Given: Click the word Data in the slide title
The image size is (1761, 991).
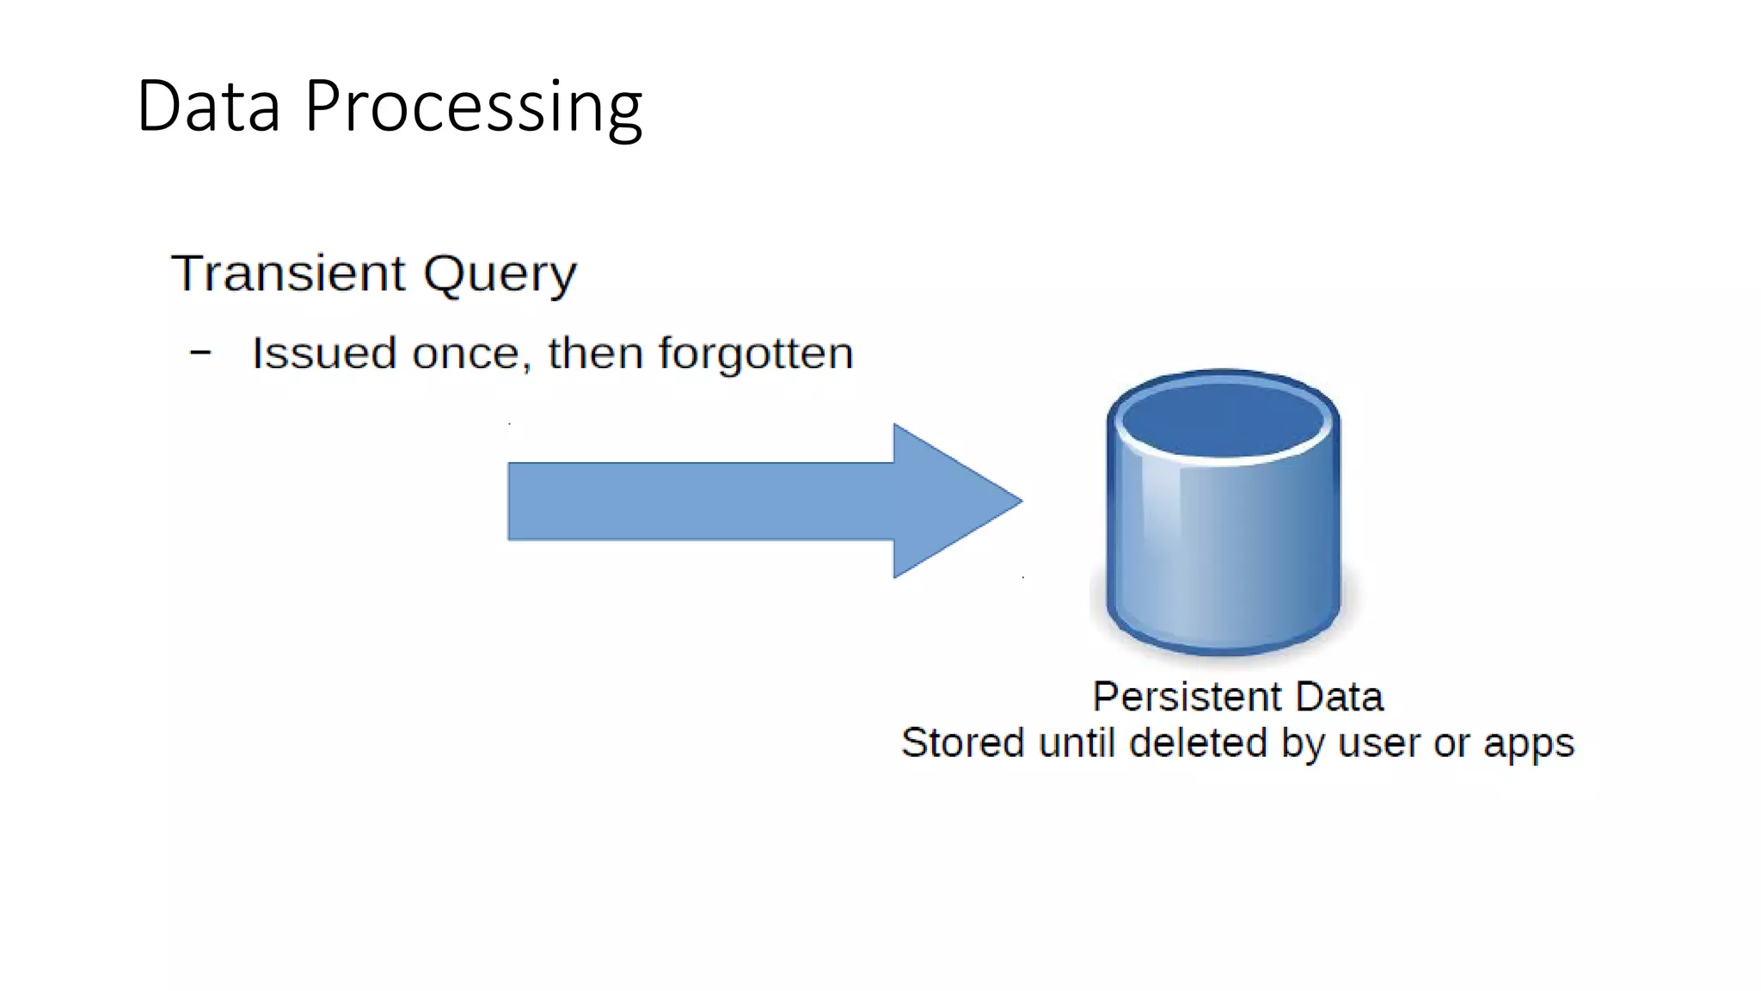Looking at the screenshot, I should pos(209,107).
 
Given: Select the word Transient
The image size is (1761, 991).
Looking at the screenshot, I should pos(288,274).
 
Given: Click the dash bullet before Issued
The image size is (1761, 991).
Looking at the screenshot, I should pos(200,353).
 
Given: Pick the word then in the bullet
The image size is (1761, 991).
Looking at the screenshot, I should pos(595,354).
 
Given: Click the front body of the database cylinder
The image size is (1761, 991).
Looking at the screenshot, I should pos(1223,551).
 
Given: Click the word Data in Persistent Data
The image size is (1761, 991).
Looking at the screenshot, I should pos(1339,697).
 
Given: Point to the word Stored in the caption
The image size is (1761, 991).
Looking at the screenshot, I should pos(962,743).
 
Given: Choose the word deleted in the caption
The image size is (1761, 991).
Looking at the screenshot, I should pos(1198,743).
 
